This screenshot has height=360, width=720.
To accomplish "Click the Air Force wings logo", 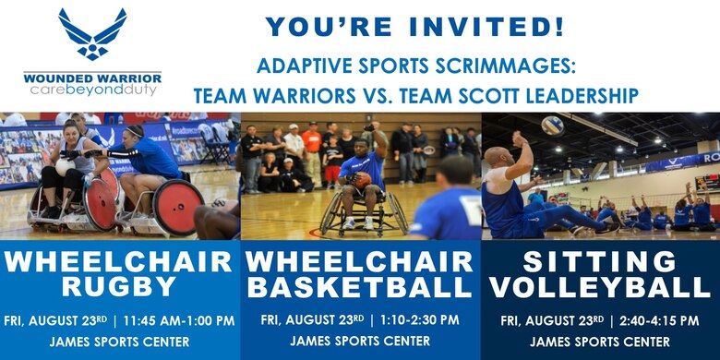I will [92, 34].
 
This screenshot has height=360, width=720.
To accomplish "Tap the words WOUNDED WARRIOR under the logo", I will [92, 78].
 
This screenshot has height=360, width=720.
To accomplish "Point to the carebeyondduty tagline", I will [92, 90].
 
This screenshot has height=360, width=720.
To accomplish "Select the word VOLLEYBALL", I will [599, 287].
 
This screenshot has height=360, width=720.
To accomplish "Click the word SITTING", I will [599, 260].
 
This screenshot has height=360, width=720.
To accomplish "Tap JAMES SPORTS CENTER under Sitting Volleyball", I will [599, 342].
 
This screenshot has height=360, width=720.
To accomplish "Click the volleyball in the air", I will [552, 125].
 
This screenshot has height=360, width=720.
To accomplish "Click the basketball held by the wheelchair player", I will [361, 179].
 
